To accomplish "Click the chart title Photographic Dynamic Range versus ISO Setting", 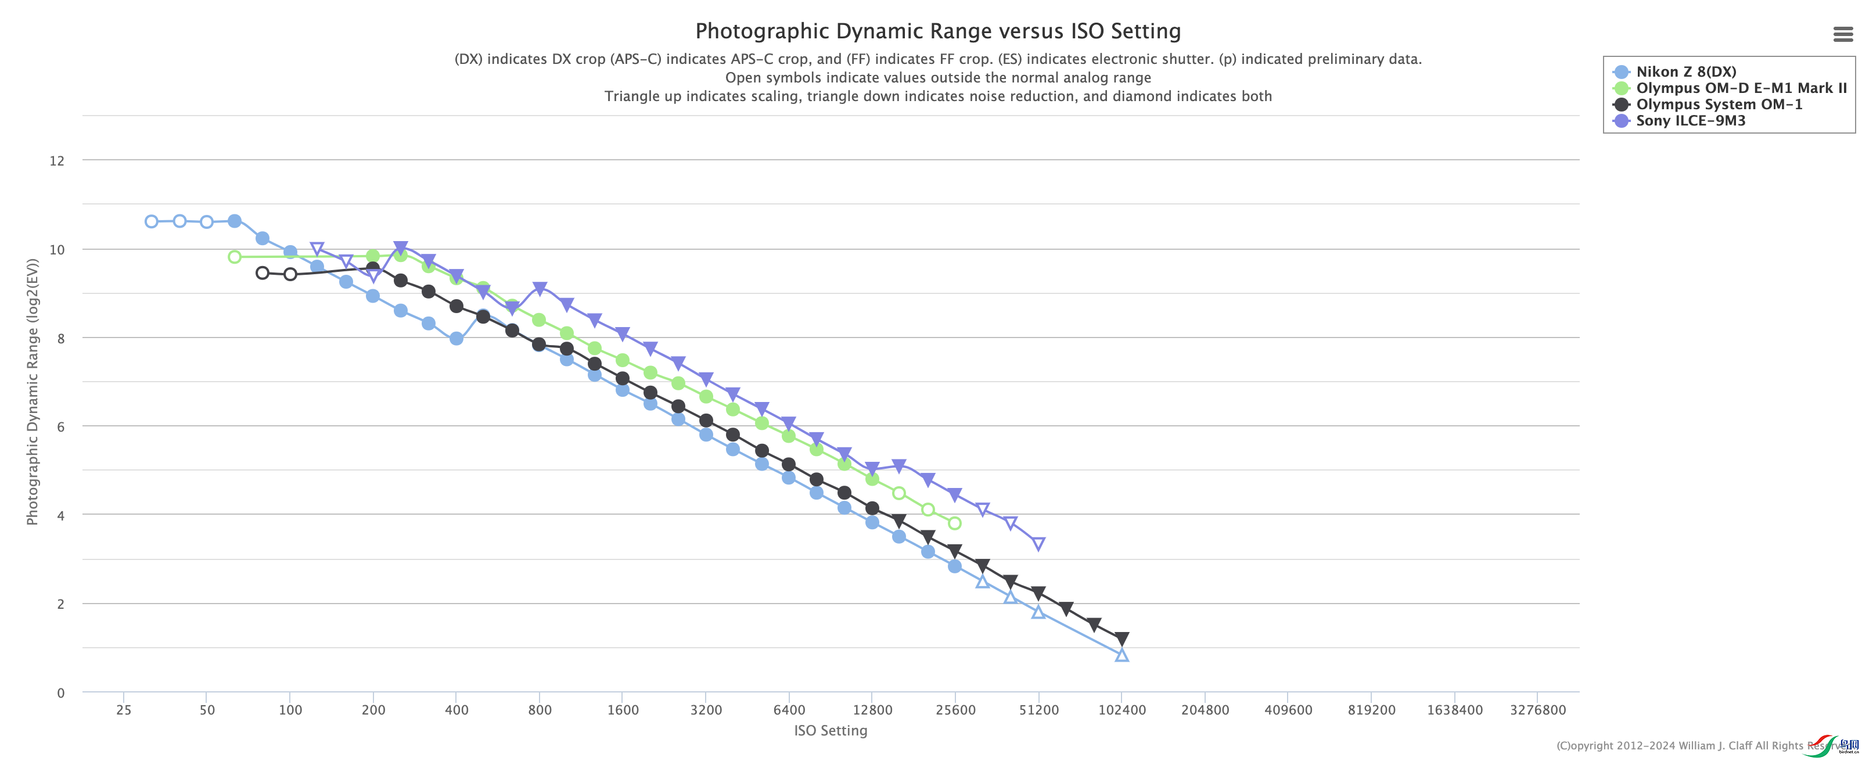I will [937, 31].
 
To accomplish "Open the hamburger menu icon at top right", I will [1842, 34].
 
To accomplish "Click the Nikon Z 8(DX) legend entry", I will [1685, 71].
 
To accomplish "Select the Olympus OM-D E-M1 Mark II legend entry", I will [1741, 88].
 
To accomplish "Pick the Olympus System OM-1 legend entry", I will [1719, 104].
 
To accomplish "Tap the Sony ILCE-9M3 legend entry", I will [1690, 121].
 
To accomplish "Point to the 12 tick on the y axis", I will [57, 160].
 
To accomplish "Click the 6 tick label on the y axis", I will [61, 426].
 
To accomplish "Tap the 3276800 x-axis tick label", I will [1537, 710].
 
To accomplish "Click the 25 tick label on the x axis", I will [124, 710].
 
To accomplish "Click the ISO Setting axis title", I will [831, 730].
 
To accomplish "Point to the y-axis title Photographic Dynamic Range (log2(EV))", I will [33, 391].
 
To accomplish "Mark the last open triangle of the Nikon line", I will [1121, 655].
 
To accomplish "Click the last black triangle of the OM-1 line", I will [1121, 639].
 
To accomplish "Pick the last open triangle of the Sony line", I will [1038, 544].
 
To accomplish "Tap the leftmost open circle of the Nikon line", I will [151, 221].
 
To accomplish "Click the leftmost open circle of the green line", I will [234, 257].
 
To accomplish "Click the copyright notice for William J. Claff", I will [1691, 745].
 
